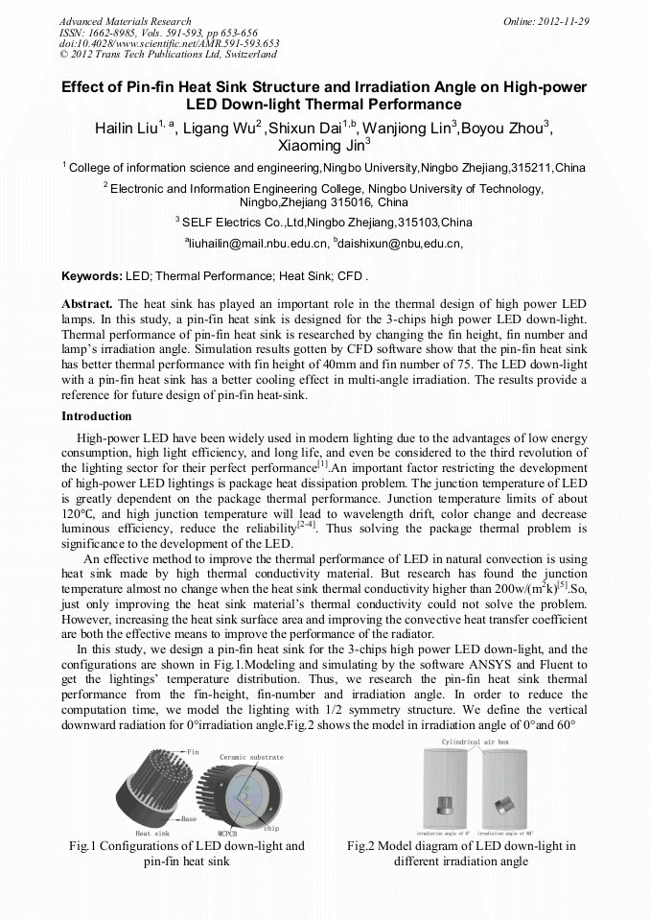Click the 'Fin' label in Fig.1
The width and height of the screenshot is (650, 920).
click(x=194, y=751)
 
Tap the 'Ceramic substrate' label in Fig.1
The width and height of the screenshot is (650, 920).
click(x=251, y=757)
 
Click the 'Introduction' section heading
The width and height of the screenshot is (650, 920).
click(x=97, y=416)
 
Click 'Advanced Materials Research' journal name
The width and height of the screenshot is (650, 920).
click(x=125, y=21)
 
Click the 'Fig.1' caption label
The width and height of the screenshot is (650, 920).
click(x=84, y=846)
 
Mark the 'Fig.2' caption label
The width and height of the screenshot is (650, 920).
click(x=361, y=846)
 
